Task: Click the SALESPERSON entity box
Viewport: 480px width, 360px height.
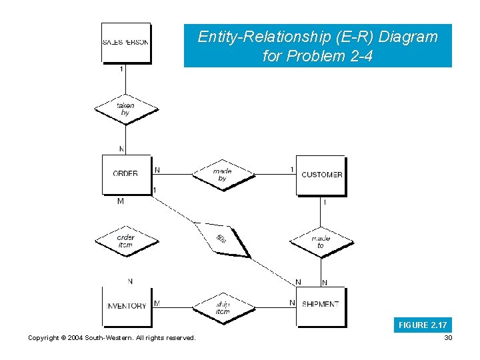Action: pos(125,42)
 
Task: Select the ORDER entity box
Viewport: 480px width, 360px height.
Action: pos(125,174)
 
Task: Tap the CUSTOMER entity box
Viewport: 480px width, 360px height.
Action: pos(321,175)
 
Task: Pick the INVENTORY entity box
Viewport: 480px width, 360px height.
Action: pos(126,306)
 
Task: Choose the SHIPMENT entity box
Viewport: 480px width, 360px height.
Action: pos(321,305)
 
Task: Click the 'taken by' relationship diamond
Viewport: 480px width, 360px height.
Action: pos(125,109)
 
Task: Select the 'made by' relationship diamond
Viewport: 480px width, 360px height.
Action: pos(223,175)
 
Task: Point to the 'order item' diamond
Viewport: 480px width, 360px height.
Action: pos(125,241)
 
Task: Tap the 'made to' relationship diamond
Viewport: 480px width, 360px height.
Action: pos(321,241)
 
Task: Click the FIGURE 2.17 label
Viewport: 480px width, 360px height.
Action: pos(423,325)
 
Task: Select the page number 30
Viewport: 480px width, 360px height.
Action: pos(447,338)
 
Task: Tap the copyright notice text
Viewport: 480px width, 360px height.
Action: pos(112,338)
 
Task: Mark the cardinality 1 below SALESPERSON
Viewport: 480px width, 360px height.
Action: pos(121,69)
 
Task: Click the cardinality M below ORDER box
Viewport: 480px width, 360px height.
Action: pos(120,201)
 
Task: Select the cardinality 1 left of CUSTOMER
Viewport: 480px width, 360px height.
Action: pos(292,169)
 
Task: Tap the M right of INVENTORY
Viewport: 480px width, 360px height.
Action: pos(157,303)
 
